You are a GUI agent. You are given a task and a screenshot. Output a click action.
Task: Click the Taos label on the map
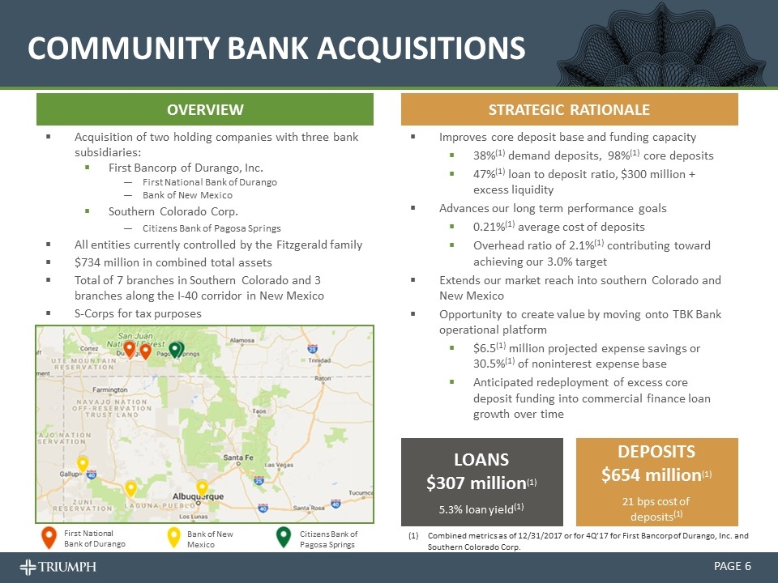tap(259, 411)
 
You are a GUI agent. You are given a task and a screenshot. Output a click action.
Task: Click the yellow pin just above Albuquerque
tap(203, 487)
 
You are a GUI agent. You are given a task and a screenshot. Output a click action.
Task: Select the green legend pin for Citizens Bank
tap(284, 538)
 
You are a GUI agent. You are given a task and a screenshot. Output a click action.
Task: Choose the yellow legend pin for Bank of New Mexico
tap(173, 538)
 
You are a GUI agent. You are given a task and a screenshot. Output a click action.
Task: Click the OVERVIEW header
tap(205, 109)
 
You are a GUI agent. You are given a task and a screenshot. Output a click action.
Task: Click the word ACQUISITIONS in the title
tap(421, 48)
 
